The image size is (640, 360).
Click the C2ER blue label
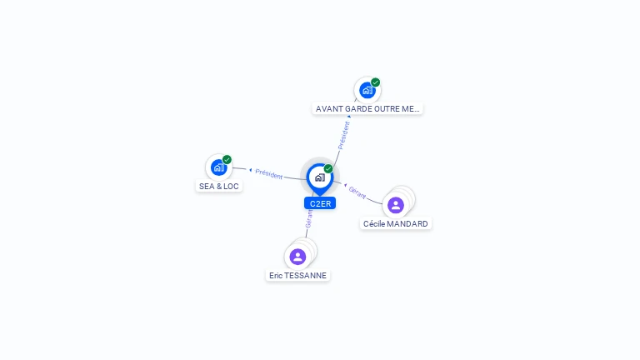tap(320, 203)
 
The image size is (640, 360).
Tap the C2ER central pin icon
tap(320, 179)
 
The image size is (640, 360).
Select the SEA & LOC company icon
tap(219, 167)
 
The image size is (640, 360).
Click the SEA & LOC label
tap(219, 186)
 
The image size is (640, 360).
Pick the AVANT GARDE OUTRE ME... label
tap(367, 109)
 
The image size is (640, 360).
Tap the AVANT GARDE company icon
tap(367, 90)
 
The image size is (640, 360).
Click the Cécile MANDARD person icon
tap(396, 205)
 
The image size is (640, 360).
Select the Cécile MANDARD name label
tap(396, 223)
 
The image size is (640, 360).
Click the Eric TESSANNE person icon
tap(297, 257)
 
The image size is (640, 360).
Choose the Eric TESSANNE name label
tap(298, 276)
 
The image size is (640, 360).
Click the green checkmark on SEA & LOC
tap(227, 159)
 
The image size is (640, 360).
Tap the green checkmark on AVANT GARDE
tap(376, 82)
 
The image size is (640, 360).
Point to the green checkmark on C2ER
tap(328, 168)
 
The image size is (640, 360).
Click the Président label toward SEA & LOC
tap(269, 174)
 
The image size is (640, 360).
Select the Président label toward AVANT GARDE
tap(343, 136)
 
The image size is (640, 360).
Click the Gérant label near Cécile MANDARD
tap(357, 192)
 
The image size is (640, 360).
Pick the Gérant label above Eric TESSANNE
tap(309, 218)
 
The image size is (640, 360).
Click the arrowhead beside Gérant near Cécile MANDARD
tap(345, 185)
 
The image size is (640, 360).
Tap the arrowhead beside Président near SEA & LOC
tap(251, 170)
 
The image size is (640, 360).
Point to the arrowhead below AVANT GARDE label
tap(349, 117)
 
